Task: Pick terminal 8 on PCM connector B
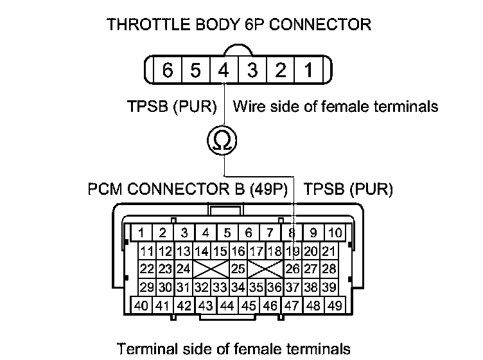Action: tap(293, 233)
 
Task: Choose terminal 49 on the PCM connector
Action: tap(334, 305)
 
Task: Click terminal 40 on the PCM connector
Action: tap(141, 305)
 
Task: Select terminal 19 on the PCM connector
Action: tap(293, 251)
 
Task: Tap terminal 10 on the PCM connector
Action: tap(335, 233)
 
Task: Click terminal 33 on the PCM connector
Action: tap(220, 287)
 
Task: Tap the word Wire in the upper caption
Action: tap(249, 105)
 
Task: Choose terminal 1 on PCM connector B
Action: tap(141, 233)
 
